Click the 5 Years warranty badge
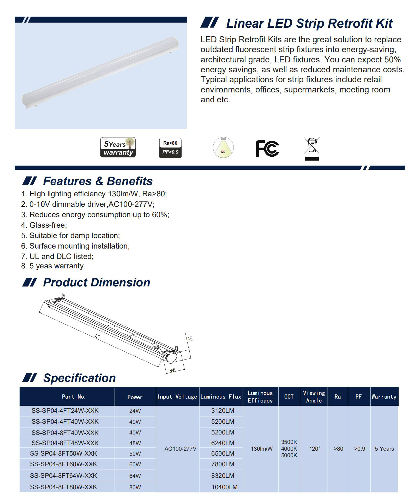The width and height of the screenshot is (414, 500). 118,148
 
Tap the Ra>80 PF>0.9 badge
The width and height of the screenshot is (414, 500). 170,148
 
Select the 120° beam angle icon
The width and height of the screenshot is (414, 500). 223,148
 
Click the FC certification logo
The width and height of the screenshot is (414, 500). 267,148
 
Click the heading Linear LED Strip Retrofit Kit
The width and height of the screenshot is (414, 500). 309,23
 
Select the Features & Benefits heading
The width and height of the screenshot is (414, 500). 98,181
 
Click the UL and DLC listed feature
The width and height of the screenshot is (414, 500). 61,256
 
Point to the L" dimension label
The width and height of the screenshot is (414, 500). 97,336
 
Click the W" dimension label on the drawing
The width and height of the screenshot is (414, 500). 173,370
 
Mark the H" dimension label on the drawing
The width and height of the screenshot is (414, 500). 190,339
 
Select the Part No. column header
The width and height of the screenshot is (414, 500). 74,397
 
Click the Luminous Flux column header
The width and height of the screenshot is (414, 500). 221,397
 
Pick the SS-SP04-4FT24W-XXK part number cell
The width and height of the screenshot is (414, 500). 65,411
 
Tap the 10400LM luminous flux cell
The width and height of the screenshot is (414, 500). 224,487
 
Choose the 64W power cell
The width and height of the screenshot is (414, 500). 135,476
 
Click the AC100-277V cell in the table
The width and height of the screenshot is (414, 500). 180,449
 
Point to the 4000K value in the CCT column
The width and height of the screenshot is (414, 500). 289,449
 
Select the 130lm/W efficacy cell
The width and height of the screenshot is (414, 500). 262,449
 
